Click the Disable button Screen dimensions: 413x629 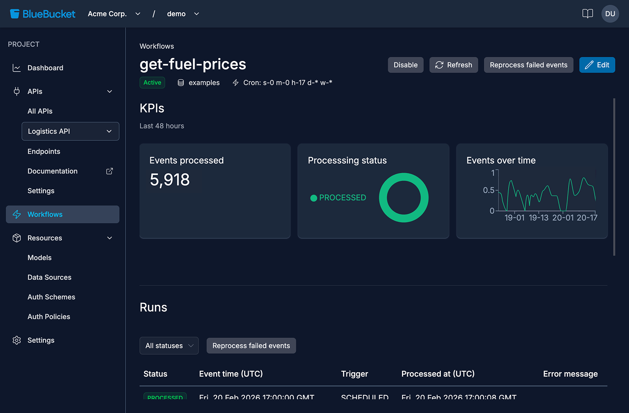(405, 65)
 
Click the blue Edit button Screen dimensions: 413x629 (597, 65)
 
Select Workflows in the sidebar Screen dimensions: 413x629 (62, 214)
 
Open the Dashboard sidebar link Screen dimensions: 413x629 (45, 68)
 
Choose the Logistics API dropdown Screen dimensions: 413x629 (70, 131)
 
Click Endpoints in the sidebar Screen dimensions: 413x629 (44, 151)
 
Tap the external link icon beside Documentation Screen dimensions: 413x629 (110, 171)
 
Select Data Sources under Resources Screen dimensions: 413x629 (49, 277)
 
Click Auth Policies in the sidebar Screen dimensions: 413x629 (49, 317)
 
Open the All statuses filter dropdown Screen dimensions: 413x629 (169, 346)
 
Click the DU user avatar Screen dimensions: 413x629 (610, 14)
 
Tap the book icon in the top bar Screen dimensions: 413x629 (587, 14)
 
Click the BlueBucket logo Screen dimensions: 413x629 (43, 14)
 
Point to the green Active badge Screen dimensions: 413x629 (152, 83)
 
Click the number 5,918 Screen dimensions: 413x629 (170, 180)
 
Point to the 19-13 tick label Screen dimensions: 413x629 (539, 217)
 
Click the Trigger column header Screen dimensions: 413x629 (354, 374)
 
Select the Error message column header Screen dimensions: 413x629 (570, 374)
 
